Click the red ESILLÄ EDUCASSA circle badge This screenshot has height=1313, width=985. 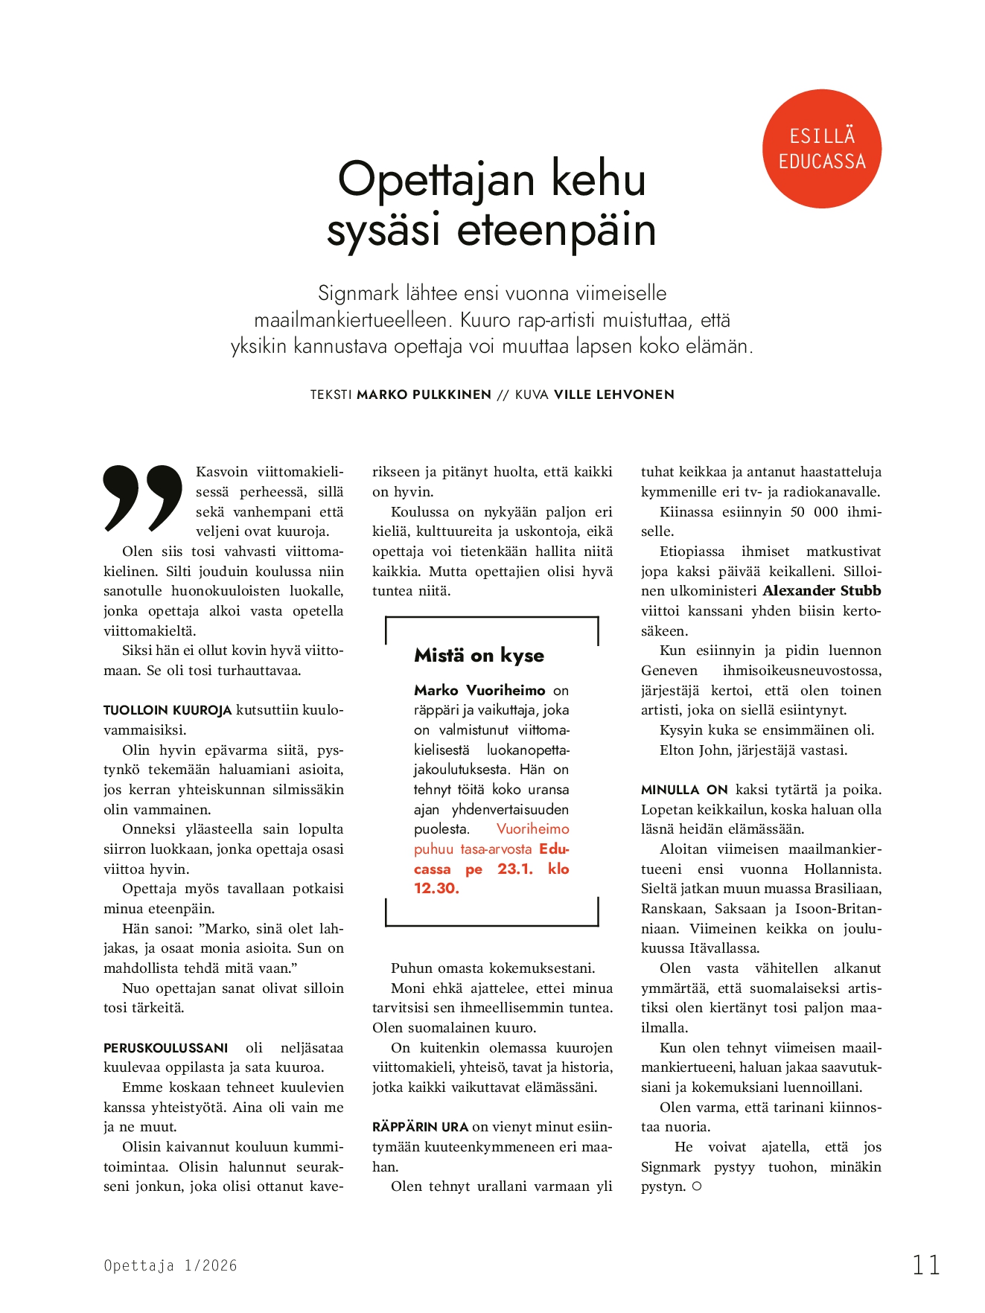(x=822, y=149)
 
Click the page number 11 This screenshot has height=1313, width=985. (x=926, y=1265)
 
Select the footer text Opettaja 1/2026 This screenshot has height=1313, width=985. (x=170, y=1265)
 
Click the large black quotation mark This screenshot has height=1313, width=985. (x=143, y=498)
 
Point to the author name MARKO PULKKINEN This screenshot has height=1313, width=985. (x=424, y=394)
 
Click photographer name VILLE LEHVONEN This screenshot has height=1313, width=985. (x=613, y=394)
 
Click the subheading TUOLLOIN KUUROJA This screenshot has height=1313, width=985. (x=168, y=710)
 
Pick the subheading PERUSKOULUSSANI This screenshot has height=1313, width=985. (x=165, y=1048)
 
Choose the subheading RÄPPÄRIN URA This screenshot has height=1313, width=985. (x=420, y=1127)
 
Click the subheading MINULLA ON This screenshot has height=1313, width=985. (x=684, y=790)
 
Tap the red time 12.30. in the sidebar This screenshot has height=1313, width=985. (x=436, y=888)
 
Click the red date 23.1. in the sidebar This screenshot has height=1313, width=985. (x=515, y=869)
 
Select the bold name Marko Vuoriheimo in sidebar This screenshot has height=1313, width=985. (x=479, y=690)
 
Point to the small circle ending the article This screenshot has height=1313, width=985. (x=697, y=1186)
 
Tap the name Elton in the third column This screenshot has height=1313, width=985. (x=677, y=750)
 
